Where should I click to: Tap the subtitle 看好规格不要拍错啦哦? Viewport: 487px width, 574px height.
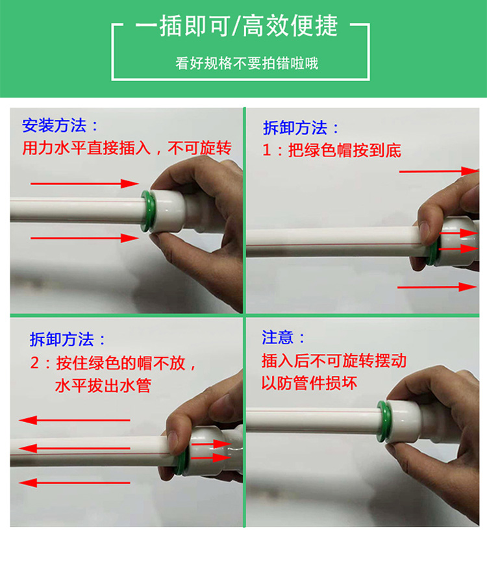(247, 64)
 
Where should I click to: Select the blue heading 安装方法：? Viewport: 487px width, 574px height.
(60, 125)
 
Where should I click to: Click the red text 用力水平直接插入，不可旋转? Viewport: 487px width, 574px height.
(127, 148)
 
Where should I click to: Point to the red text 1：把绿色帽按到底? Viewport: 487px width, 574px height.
(331, 150)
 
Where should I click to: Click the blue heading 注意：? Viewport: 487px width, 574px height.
(283, 337)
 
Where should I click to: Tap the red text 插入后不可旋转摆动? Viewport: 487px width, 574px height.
(334, 360)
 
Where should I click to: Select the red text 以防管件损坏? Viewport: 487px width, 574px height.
(310, 383)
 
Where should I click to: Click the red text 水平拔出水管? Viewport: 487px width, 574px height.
(103, 386)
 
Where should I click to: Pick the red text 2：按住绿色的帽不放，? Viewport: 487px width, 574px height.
(114, 363)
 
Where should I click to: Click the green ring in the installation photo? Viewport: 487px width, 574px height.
(147, 211)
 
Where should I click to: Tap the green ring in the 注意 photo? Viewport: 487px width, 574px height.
(383, 421)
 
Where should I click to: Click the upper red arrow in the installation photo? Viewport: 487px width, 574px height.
(84, 183)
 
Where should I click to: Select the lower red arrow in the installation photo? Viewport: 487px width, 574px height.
(84, 238)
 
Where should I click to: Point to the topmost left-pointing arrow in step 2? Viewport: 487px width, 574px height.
(74, 420)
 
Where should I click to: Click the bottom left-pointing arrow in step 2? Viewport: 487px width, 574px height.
(74, 483)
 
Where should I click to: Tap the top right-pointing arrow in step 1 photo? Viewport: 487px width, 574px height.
(439, 171)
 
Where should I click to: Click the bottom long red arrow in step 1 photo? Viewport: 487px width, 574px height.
(437, 287)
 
